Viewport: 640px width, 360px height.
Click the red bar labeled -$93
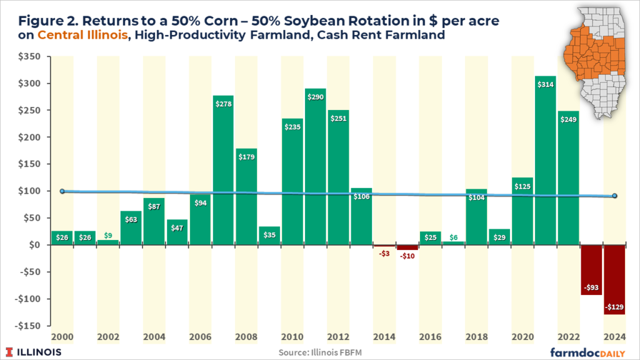point(591,270)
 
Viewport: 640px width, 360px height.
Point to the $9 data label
point(108,236)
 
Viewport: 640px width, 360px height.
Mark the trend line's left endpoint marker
point(62,191)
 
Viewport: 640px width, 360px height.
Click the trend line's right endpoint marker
point(614,196)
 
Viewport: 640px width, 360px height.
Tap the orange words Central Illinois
point(79,36)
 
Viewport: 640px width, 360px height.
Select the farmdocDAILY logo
point(591,351)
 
